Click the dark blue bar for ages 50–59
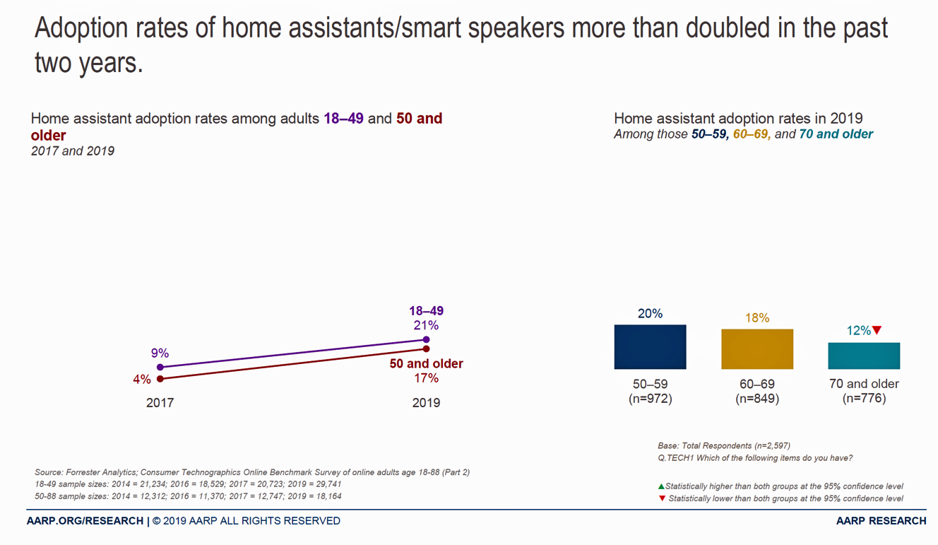(650, 346)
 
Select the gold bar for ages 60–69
(756, 348)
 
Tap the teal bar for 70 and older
(864, 356)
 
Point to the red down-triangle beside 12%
(877, 330)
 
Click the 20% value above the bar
(650, 313)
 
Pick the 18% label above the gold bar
(756, 318)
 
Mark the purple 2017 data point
(160, 368)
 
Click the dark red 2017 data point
(160, 379)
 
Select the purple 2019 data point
(427, 340)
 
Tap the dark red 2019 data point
(427, 348)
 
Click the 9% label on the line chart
(160, 353)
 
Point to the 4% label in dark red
(142, 380)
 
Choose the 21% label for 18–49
(426, 325)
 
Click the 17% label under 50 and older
(426, 378)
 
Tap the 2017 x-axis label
(160, 403)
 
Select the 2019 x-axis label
(426, 403)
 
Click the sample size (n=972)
(650, 399)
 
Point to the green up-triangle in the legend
(661, 486)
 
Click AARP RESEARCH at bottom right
(881, 521)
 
